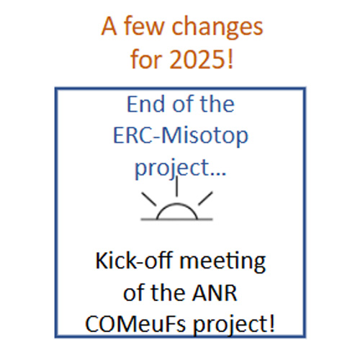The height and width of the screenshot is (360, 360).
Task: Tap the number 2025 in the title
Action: coord(197,60)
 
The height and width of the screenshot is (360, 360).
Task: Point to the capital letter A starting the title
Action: coord(109,26)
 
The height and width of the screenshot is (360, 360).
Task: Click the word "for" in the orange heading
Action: coord(147,58)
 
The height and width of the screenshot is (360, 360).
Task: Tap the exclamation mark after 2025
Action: coord(230,59)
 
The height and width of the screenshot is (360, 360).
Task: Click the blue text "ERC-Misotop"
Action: coord(181,136)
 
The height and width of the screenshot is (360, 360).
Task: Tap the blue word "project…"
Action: coord(181,168)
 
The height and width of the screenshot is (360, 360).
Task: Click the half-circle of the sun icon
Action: coord(177,204)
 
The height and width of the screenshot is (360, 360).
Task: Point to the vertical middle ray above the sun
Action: coord(177,186)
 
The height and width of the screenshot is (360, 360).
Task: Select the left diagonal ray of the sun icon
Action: coord(149,199)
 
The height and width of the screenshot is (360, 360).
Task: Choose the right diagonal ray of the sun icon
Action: coord(205,198)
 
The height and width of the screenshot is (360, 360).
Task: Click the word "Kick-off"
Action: coord(134,261)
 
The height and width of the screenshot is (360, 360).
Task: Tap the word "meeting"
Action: coord(222,262)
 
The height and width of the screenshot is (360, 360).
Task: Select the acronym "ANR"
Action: coord(215,293)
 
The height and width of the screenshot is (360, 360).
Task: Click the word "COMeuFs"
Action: coord(135,324)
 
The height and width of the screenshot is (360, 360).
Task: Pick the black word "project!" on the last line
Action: coord(234,325)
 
